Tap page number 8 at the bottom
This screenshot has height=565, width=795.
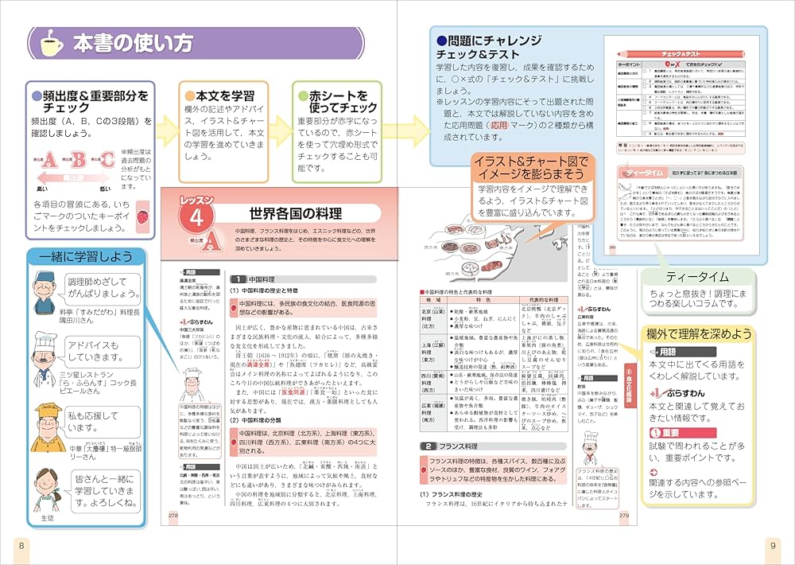(x=21, y=544)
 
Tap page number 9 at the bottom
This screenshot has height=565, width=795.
(x=771, y=544)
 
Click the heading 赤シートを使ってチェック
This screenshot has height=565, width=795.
(x=337, y=101)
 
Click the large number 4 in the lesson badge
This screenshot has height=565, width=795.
(x=198, y=216)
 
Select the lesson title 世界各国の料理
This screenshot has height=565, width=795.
(x=296, y=214)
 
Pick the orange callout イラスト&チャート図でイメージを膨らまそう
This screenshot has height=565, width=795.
(x=530, y=169)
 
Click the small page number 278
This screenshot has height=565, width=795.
(x=173, y=516)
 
